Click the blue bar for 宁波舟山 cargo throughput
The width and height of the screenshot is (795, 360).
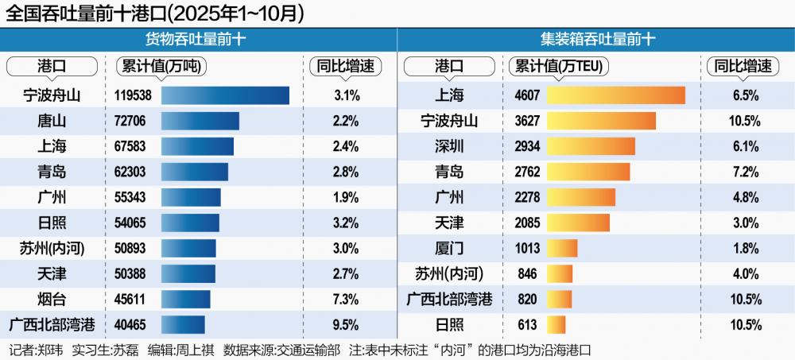click(x=225, y=96)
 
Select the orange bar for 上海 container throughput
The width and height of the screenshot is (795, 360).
click(x=616, y=96)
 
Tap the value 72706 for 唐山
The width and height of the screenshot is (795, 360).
click(x=131, y=122)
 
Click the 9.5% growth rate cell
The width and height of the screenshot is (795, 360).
click(x=346, y=325)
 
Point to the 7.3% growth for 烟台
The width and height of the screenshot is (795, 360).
click(x=346, y=300)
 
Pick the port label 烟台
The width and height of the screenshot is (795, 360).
click(x=52, y=300)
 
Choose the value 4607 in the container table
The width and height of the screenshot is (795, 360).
click(x=527, y=96)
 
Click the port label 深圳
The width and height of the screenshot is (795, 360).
click(x=449, y=147)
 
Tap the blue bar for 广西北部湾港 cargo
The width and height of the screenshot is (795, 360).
click(x=183, y=325)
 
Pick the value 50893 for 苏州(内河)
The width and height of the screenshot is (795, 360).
click(x=131, y=249)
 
